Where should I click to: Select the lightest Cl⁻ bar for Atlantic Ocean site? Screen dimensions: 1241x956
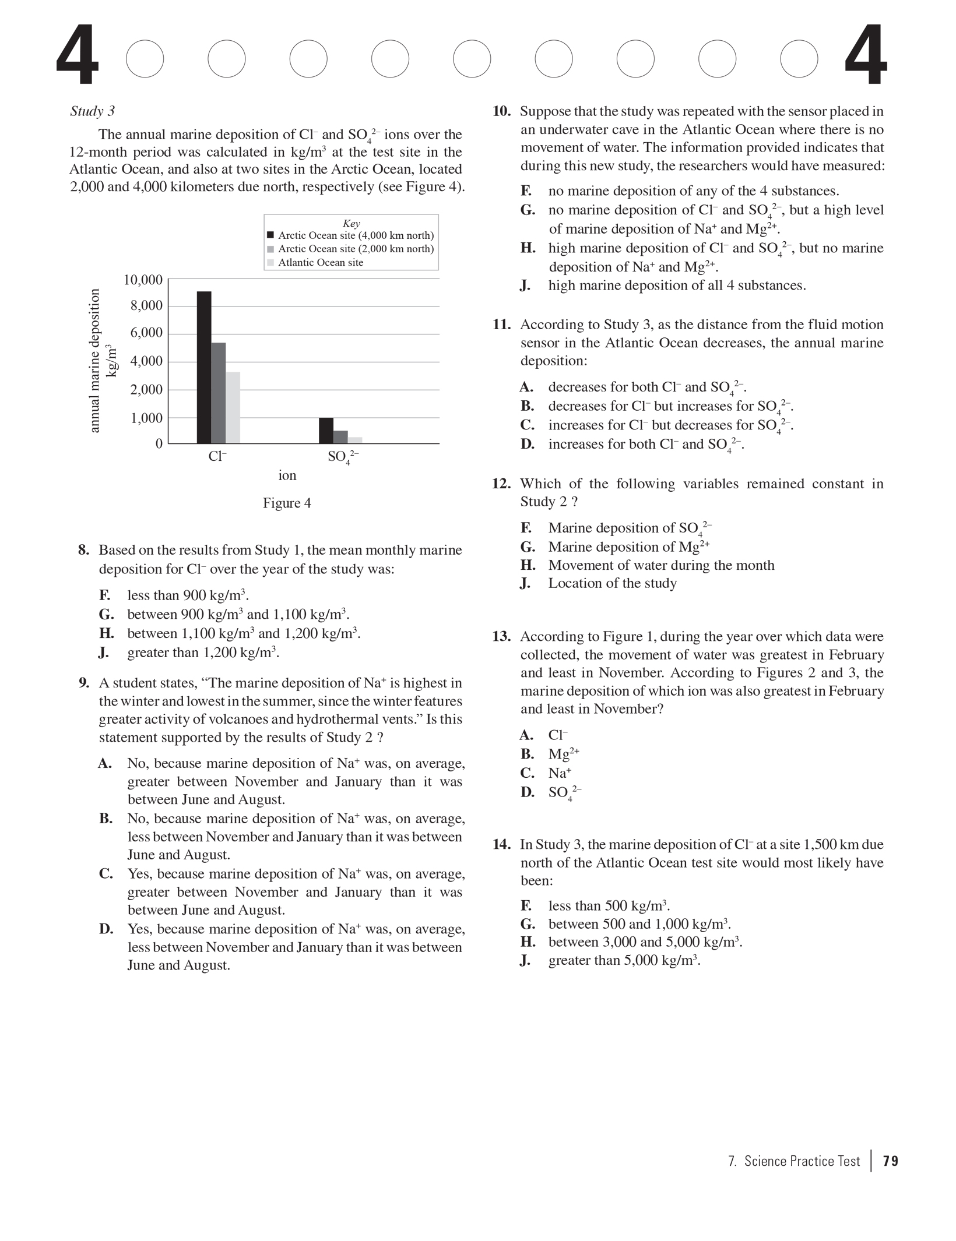pos(233,407)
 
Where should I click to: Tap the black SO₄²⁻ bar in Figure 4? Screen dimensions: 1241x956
pos(326,431)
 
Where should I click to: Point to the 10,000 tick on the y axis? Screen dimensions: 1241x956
pos(143,280)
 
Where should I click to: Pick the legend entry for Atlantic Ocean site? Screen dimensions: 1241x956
pos(320,263)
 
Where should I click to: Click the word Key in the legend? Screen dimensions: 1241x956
pos(351,224)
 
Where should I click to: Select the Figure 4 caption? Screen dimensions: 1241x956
pos(287,503)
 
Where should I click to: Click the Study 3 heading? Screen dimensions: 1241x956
pos(92,111)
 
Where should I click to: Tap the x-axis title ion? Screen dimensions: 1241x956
pos(287,475)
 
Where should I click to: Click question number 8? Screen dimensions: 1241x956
pos(84,550)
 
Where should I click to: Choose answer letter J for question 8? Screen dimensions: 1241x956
pos(104,653)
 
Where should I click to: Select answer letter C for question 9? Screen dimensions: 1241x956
pos(106,874)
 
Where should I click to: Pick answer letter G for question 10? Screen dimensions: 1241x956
pos(528,210)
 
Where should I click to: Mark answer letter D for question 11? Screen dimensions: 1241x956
pos(527,445)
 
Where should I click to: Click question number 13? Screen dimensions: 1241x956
pos(501,636)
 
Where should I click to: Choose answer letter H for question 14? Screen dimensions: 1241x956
pos(528,942)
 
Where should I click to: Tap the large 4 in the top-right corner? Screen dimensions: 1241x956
pos(866,55)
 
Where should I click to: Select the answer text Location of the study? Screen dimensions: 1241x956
pos(612,583)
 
